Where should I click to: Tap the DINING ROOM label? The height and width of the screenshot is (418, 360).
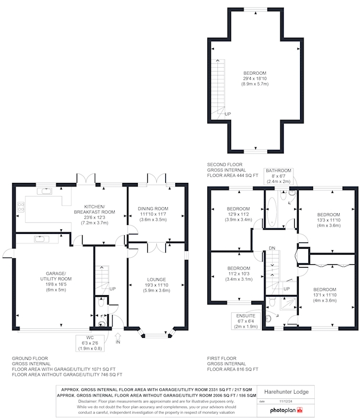pos(154,208)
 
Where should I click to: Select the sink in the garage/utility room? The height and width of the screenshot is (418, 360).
pos(40,239)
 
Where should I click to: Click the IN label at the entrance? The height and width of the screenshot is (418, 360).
pos(118,342)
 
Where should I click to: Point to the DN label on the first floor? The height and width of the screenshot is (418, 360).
pos(272,248)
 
